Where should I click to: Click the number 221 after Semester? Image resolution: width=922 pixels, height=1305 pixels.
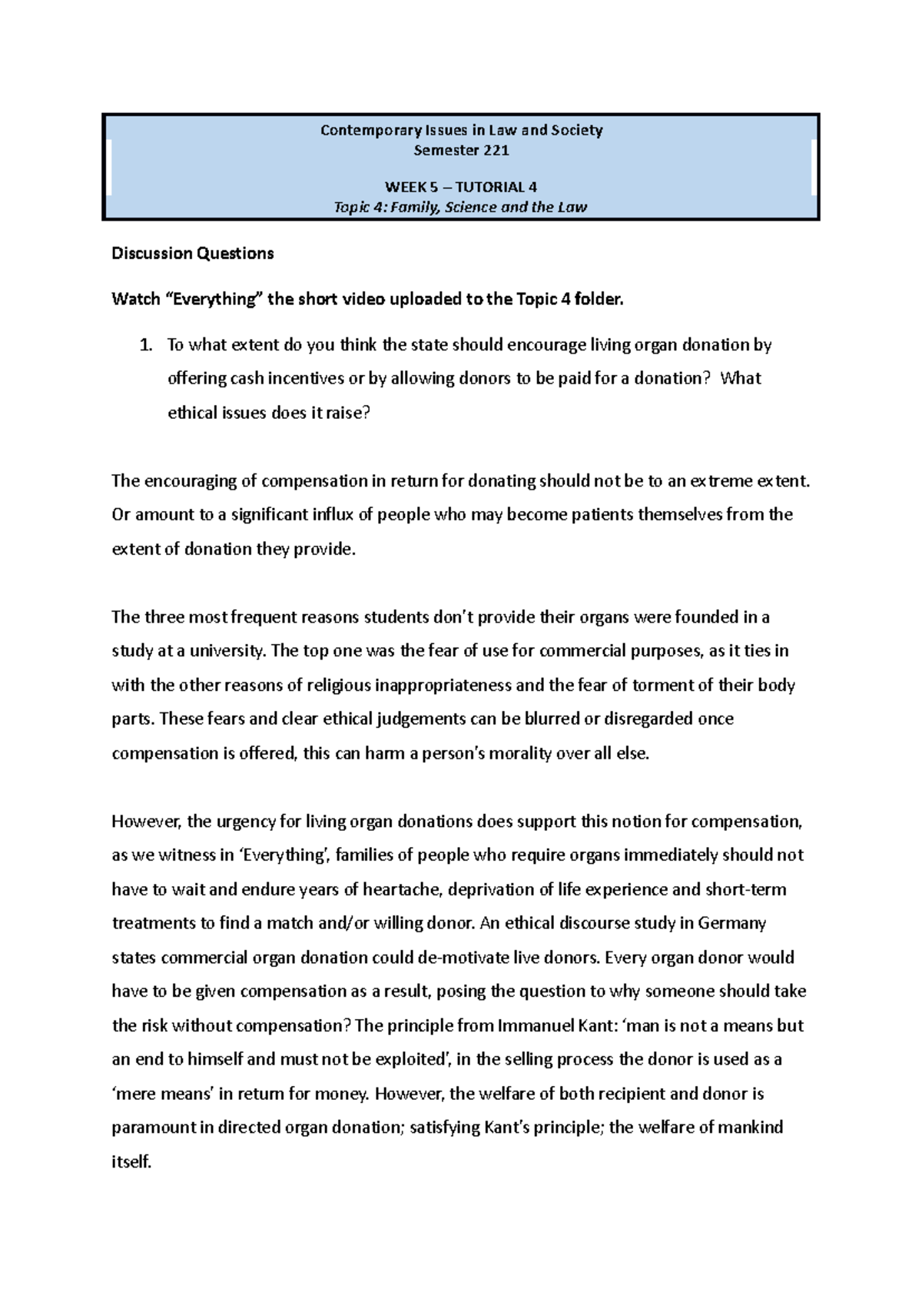(x=495, y=151)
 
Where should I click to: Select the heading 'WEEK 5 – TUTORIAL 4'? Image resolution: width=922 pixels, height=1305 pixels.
(x=460, y=187)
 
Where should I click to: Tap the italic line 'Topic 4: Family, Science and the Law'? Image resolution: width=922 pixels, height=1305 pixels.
(x=460, y=208)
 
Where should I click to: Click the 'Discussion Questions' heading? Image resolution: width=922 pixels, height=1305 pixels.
(x=192, y=254)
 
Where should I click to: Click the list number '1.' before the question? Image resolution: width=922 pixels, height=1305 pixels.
(x=146, y=345)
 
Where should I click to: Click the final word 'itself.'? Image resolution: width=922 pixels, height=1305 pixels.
(x=131, y=1161)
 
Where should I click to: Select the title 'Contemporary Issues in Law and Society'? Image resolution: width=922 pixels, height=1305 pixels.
(x=461, y=131)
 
